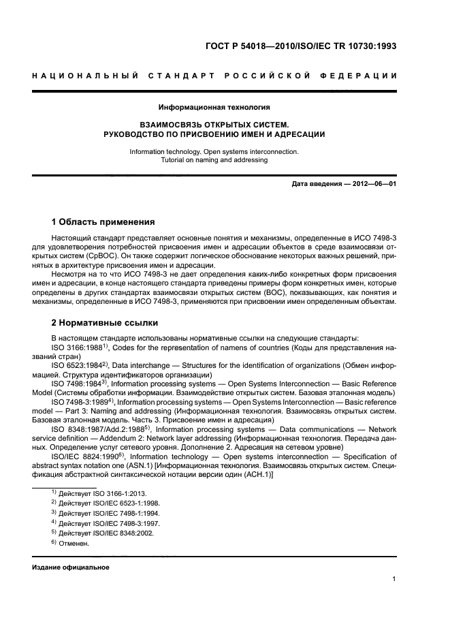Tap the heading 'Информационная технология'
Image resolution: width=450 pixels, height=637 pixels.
click(214, 107)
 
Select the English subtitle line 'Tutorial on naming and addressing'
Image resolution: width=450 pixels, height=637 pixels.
click(214, 160)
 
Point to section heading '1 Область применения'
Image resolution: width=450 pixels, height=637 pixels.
click(103, 222)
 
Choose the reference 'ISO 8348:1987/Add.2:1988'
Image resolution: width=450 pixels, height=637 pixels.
click(96, 430)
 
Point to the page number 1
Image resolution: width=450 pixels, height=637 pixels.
click(394, 580)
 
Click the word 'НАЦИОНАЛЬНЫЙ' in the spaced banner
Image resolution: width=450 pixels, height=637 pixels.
click(84, 75)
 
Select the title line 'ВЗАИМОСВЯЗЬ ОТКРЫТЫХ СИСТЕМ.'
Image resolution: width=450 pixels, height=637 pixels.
click(214, 125)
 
